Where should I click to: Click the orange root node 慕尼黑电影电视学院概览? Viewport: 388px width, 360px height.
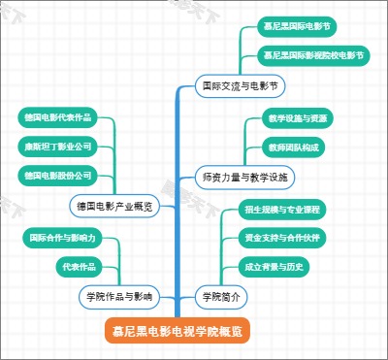tap(178, 332)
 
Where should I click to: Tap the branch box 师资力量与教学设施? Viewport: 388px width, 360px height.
tap(245, 178)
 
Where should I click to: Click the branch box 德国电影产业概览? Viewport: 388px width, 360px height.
tap(113, 206)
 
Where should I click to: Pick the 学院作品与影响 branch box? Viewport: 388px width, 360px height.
tap(119, 295)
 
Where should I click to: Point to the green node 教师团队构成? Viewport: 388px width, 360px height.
tap(293, 147)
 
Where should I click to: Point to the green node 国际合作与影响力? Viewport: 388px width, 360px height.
tap(65, 237)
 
